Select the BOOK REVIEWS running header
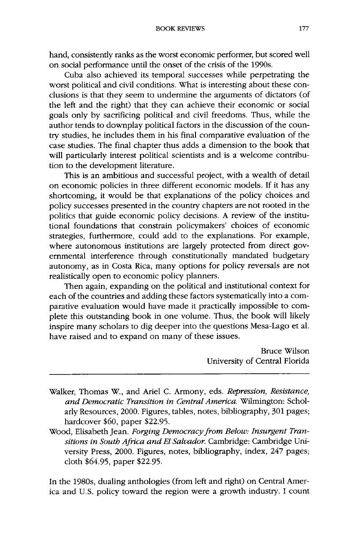(180, 29)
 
